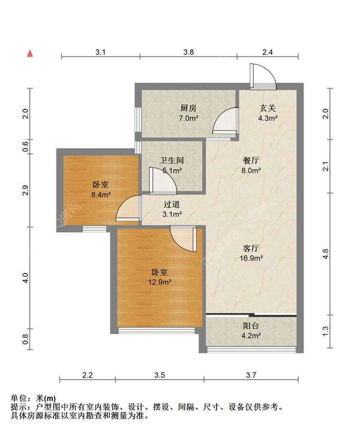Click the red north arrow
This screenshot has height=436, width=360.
30,53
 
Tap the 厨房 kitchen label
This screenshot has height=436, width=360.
188,108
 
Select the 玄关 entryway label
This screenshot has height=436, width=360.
268,108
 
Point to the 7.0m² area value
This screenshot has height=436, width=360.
188,118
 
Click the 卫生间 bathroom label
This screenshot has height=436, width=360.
172,161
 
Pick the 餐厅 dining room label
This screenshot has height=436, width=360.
251,161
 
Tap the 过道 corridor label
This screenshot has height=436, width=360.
172,205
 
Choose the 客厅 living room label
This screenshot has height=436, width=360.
251,248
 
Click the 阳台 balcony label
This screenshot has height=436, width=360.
251,326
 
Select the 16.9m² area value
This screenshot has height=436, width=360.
251,258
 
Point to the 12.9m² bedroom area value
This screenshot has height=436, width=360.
160,282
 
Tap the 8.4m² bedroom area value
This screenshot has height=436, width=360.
101,195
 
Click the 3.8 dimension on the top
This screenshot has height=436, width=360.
188,52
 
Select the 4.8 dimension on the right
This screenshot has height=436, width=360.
325,254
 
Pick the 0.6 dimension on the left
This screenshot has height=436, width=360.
25,146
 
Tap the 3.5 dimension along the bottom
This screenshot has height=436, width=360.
160,375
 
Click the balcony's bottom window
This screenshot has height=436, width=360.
251,349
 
